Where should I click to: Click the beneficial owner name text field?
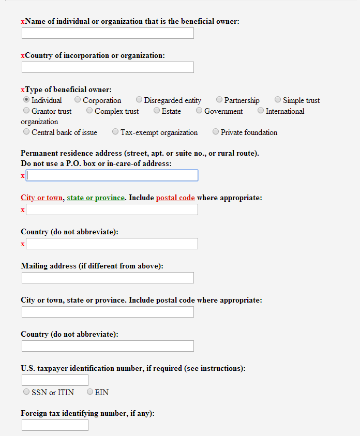click(108, 33)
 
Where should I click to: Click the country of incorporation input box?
click(108, 67)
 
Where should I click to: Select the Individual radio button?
click(26, 100)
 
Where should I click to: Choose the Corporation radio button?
click(78, 100)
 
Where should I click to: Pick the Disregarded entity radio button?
click(139, 100)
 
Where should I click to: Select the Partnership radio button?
click(219, 100)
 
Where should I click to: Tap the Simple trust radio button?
click(278, 100)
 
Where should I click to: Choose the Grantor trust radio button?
click(26, 111)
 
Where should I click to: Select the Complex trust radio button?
click(89, 111)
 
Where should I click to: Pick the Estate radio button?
click(157, 111)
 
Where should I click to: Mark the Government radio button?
click(199, 111)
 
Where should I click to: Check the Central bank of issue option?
click(26, 132)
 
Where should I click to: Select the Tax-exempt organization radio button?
click(115, 132)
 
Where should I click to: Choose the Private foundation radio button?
click(216, 132)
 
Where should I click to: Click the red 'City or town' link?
click(42, 198)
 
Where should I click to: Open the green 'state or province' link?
click(96, 198)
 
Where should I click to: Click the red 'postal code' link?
click(175, 198)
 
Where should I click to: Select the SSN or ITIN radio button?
click(26, 392)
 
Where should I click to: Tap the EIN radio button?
click(90, 392)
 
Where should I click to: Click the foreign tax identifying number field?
click(55, 425)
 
